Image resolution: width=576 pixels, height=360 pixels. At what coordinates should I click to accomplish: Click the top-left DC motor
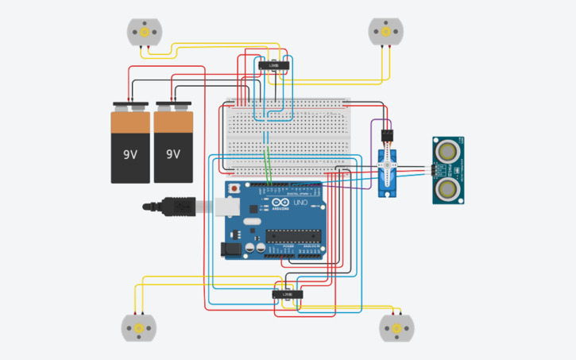pos(145,33)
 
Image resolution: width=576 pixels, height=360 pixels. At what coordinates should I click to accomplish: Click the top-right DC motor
pos(385,32)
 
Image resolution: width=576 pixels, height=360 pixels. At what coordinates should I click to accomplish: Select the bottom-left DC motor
pos(138,327)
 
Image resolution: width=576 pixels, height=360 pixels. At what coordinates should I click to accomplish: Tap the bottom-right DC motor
pos(396,327)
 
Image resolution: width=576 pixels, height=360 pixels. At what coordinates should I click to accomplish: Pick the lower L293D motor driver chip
pos(287,294)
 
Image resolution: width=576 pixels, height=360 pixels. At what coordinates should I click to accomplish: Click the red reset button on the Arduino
pos(234,189)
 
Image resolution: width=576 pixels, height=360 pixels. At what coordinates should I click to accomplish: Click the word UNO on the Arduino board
pos(301,203)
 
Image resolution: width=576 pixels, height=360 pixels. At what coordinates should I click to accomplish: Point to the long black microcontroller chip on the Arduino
pos(293,234)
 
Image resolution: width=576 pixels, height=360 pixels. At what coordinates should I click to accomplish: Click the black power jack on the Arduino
pos(230,249)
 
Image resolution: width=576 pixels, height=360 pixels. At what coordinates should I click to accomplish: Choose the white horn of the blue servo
pos(386,168)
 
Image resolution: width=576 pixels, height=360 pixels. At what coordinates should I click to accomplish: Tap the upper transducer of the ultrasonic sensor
pos(449,150)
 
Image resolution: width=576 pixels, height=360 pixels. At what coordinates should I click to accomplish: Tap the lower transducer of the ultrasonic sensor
pos(449,188)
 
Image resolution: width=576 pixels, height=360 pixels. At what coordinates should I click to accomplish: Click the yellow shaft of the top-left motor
pos(145,33)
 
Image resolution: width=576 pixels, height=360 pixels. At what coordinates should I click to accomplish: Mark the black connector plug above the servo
pos(386,134)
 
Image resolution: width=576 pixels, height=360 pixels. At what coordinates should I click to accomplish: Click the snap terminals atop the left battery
pos(130,106)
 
